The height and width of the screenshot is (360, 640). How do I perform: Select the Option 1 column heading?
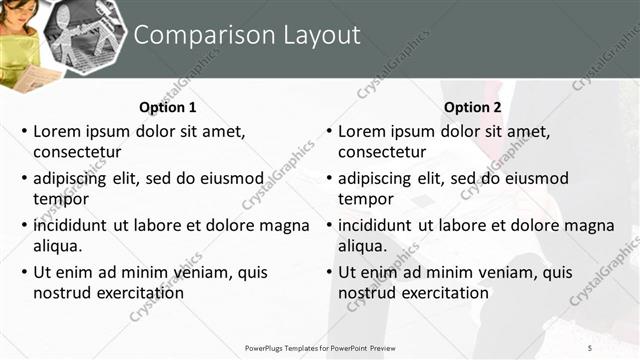166,107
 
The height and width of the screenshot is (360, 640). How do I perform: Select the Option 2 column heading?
471,107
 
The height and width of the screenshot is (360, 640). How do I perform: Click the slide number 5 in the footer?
590,347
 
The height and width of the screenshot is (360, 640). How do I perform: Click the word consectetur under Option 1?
77,152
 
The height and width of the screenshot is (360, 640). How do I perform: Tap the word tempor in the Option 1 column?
61,199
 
